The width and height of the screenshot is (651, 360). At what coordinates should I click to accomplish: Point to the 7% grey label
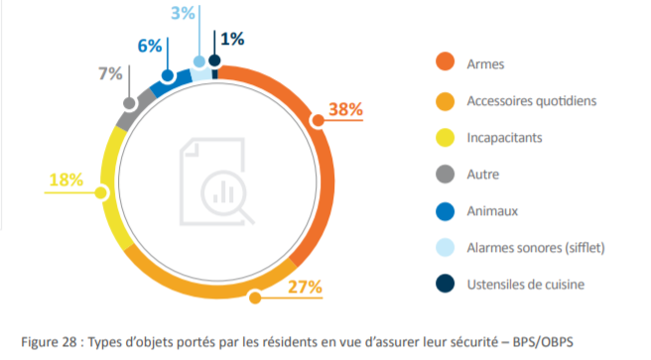coord(109,72)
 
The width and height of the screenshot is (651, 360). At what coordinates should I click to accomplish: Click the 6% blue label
coord(149,47)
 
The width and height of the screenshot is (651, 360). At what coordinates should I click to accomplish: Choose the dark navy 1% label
coord(232,39)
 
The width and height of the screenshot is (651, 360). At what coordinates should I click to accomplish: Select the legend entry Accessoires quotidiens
coord(530,101)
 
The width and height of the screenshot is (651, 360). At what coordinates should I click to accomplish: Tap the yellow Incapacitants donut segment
coord(112,188)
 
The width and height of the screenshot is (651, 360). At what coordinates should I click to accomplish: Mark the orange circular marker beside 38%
coord(318,121)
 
